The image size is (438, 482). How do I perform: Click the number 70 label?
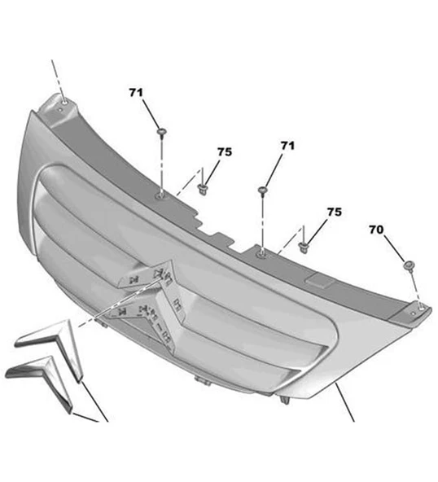point(376,230)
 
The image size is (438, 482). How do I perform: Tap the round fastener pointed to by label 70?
point(409,265)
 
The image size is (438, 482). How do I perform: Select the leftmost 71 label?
point(135,92)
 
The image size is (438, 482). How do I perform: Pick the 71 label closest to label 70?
point(287,146)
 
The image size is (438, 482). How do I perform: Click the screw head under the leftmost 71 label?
point(162,132)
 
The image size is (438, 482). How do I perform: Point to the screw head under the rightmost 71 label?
point(262,190)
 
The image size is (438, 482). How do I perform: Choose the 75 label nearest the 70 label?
point(334,212)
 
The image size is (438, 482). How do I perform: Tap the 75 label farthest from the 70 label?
point(225,152)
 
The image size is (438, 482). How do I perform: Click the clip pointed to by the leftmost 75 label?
point(202,188)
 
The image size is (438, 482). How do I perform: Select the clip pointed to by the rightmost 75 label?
point(304,248)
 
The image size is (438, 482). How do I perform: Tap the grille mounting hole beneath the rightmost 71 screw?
point(262,253)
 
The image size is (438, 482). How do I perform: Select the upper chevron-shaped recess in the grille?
point(147,274)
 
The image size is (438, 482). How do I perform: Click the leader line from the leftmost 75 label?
point(212,171)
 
